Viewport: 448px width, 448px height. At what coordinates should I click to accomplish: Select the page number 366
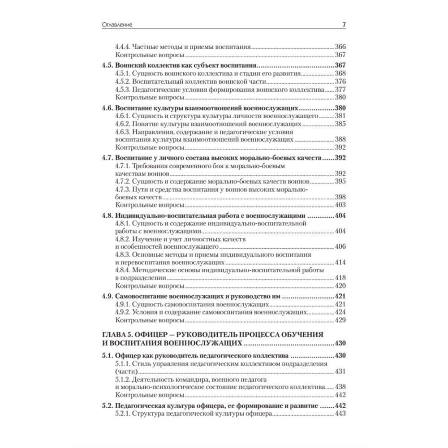point(341,47)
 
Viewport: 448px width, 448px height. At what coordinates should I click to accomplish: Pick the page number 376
point(341,82)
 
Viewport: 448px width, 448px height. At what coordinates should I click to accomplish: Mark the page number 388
point(341,139)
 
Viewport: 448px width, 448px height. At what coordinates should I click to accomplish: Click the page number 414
point(341,262)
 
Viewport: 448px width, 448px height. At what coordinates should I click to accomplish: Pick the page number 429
point(341,321)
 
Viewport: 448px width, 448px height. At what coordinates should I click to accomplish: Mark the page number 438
point(341,387)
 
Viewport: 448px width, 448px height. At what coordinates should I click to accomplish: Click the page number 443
point(341,415)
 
